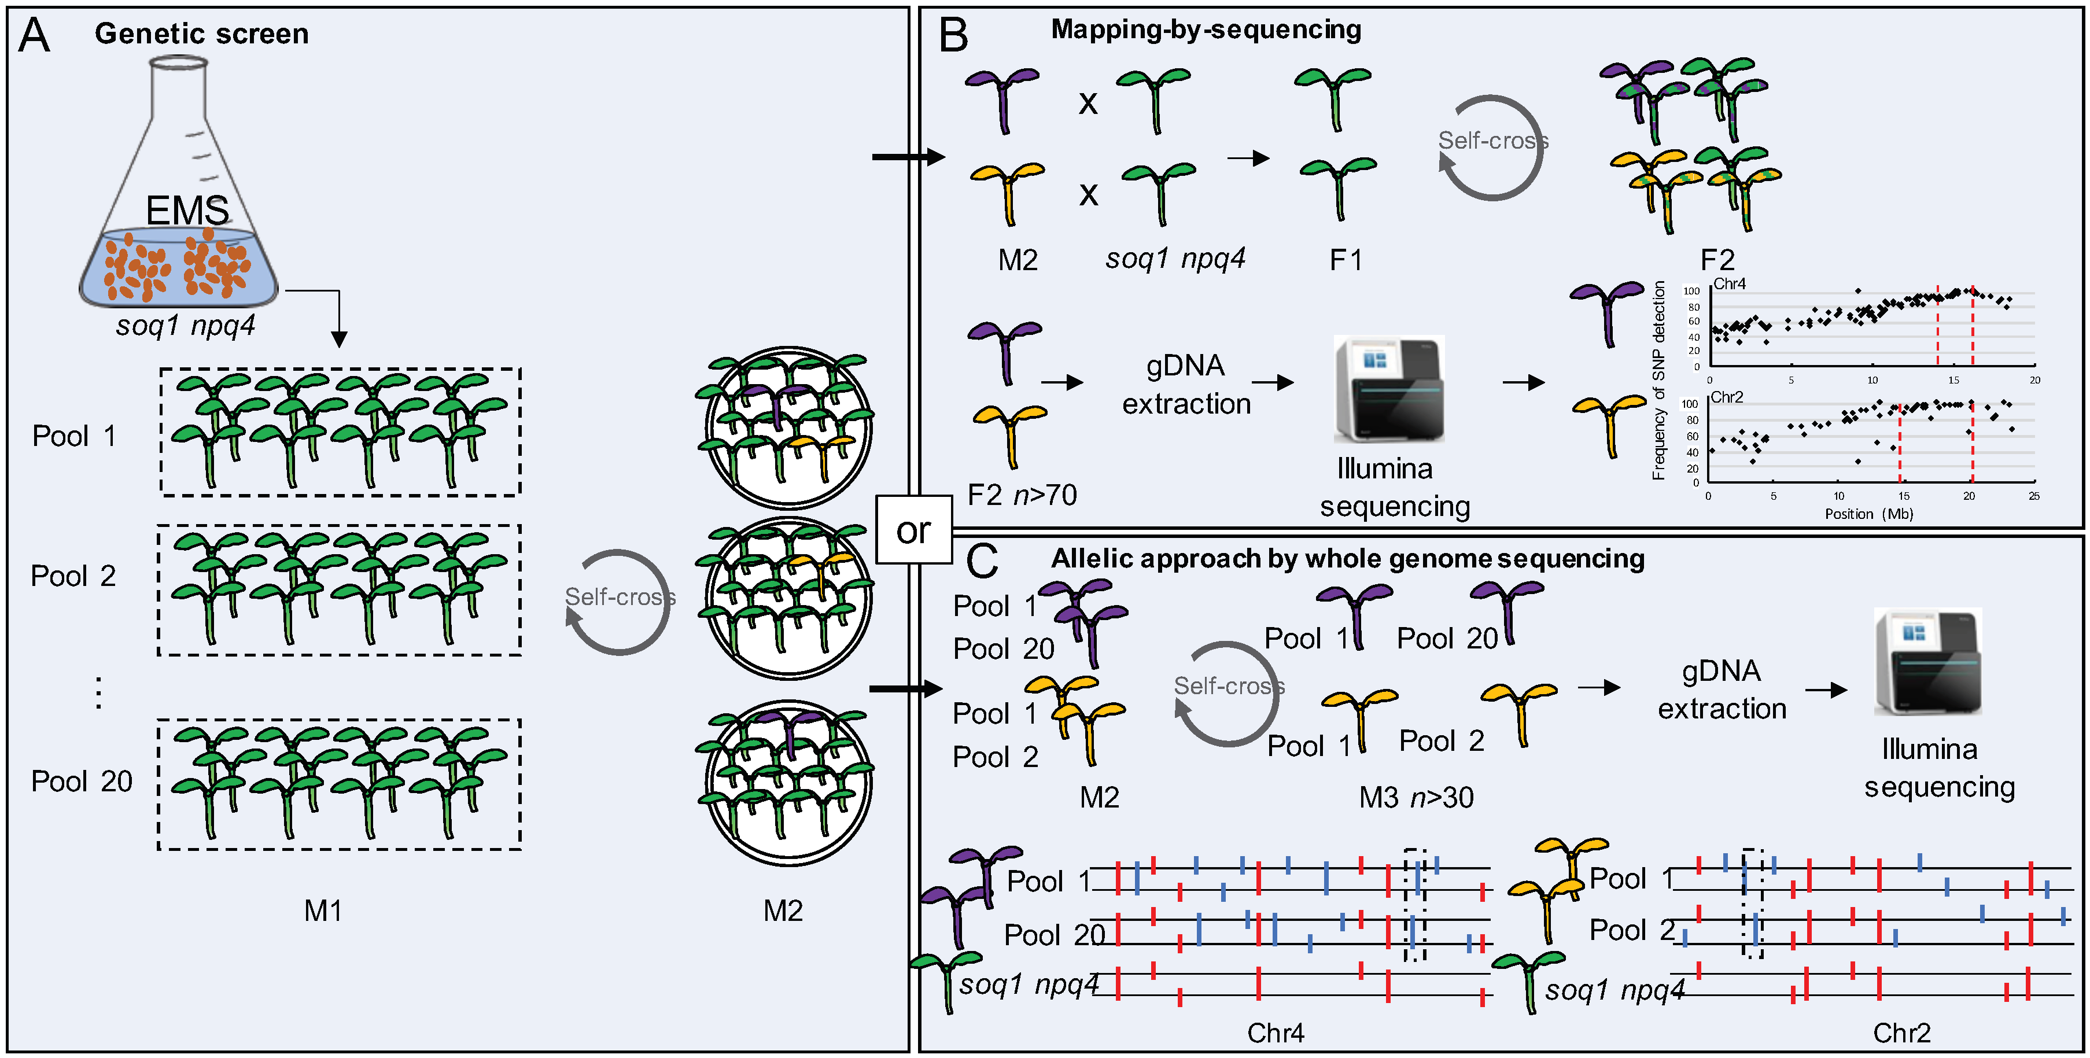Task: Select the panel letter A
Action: tap(34, 36)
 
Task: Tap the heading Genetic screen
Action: tap(201, 34)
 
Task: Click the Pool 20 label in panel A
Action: tap(81, 781)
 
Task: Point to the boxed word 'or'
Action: tap(913, 530)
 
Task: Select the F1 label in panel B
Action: tap(1346, 260)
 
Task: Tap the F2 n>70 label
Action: tap(1022, 494)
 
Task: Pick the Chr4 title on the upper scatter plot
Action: tap(1729, 284)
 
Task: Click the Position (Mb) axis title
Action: tap(1868, 514)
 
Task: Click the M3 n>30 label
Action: tap(1416, 798)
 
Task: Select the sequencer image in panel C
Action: tap(1927, 661)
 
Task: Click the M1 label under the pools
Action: tap(322, 911)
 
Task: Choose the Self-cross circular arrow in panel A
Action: tap(619, 601)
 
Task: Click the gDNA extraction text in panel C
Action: tap(1722, 690)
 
